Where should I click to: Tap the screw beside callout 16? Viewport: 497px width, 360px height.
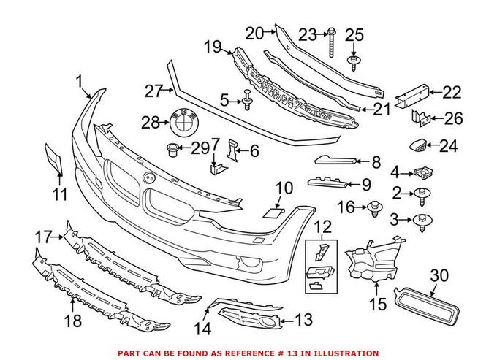pos(376,208)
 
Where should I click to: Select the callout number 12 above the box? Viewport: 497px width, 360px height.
pos(322,227)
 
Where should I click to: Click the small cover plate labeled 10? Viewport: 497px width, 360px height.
pos(273,212)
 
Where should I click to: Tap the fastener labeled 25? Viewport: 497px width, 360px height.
pos(354,59)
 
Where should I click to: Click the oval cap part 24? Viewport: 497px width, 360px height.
pos(420,146)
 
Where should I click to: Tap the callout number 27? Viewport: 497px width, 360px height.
pos(152,92)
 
